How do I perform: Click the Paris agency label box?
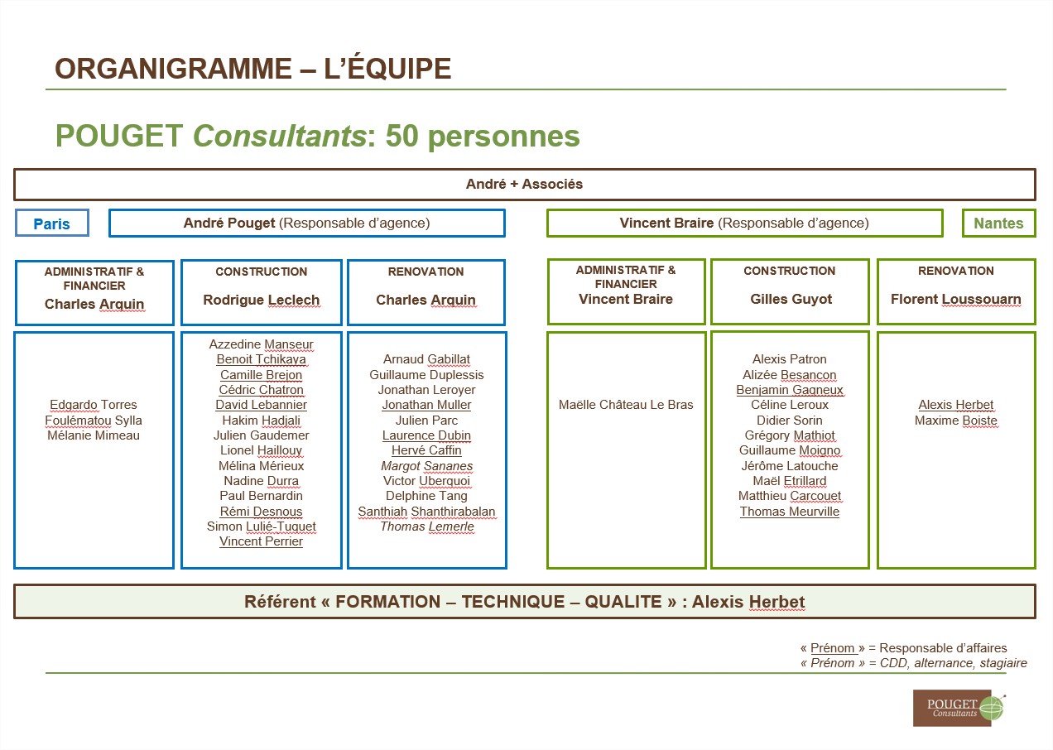point(51,223)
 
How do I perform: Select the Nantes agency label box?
point(998,223)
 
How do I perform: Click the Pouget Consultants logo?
point(959,708)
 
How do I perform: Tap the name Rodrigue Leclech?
point(262,300)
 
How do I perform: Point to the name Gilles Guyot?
point(791,299)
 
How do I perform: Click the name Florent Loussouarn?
point(955,299)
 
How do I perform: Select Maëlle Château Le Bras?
point(626,405)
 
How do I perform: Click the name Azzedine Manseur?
point(262,344)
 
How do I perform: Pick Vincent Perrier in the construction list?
point(262,541)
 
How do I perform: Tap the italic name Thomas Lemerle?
point(427,526)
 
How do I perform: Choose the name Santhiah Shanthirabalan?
point(427,511)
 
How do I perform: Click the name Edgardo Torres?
point(94,405)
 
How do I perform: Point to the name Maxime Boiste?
point(955,420)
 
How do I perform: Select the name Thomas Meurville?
point(790,511)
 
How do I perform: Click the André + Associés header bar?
point(525,185)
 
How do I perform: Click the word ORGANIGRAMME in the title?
point(174,69)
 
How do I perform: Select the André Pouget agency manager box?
point(307,223)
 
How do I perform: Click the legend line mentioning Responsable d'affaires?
point(903,648)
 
